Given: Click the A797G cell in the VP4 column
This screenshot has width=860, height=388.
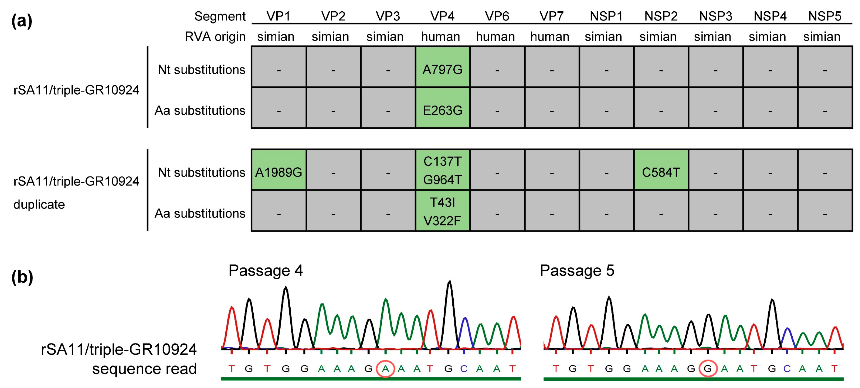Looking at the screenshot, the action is [x=442, y=70].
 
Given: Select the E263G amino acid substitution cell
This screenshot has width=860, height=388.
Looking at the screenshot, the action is [x=442, y=110].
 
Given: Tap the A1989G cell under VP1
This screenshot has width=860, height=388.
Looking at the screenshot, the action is [x=278, y=172].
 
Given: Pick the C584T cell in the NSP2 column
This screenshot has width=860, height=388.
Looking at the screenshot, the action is [x=661, y=172].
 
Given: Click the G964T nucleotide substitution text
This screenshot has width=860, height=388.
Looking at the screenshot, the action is [x=442, y=180].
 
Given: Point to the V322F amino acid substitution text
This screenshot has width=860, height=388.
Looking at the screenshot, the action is [x=442, y=221].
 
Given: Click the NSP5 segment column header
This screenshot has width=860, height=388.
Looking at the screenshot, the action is [x=824, y=16].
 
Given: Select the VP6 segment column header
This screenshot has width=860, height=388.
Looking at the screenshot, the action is [x=497, y=16].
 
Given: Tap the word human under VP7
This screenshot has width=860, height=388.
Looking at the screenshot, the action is [x=550, y=36].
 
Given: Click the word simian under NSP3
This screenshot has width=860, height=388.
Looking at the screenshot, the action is [x=712, y=36].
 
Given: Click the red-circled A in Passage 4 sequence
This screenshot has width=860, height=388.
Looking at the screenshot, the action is [x=385, y=369].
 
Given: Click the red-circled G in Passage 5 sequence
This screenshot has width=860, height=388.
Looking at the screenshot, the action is [x=708, y=369].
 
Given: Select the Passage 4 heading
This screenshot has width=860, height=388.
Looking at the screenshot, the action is [x=266, y=270].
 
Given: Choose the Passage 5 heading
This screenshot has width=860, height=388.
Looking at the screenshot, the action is [x=577, y=270].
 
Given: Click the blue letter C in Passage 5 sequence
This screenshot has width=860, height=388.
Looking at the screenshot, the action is [x=787, y=369].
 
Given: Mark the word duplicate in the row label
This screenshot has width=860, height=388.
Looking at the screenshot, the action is [x=39, y=204].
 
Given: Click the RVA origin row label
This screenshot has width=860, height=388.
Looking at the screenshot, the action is [x=215, y=36].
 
